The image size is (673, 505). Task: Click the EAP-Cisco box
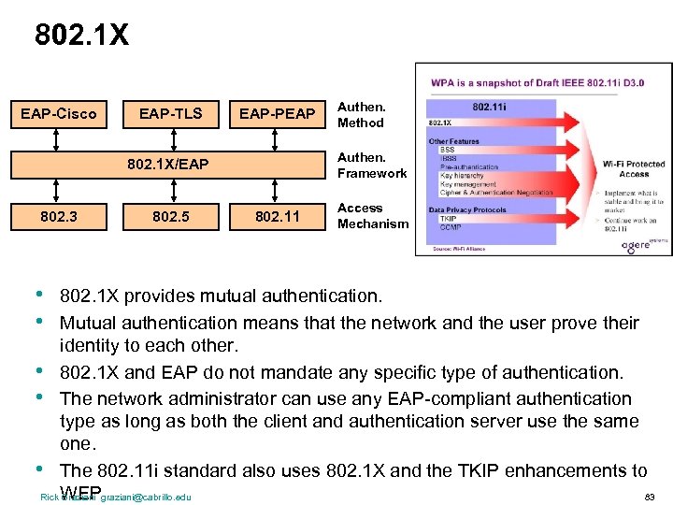(x=59, y=114)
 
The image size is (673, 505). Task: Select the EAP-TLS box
(x=170, y=114)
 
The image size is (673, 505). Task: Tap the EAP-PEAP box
(x=277, y=114)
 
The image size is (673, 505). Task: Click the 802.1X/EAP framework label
(x=168, y=166)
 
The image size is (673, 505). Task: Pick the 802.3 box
(x=59, y=217)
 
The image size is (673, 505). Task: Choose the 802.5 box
(x=170, y=217)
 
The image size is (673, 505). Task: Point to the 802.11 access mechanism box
(x=277, y=217)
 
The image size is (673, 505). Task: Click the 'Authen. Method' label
(x=361, y=114)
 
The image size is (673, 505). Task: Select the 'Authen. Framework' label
(x=372, y=166)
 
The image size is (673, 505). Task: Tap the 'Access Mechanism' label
(x=373, y=216)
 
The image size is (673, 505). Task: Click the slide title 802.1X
(x=81, y=36)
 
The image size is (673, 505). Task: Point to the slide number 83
(x=650, y=496)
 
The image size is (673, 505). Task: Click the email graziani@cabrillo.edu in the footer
(x=146, y=497)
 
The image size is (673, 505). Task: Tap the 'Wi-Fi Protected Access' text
(x=633, y=168)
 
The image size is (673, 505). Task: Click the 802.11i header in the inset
(x=490, y=108)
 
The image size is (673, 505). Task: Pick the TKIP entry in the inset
(x=448, y=219)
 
